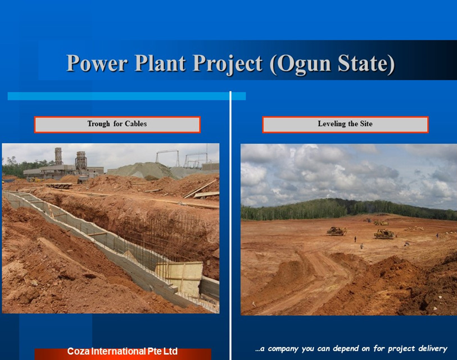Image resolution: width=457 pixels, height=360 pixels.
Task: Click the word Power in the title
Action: pyautogui.click(x=97, y=63)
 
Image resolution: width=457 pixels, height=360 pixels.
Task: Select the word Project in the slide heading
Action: pyautogui.click(x=228, y=64)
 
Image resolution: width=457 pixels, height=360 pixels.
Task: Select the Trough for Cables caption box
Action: pyautogui.click(x=117, y=125)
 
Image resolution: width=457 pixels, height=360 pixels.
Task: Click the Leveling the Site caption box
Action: pyautogui.click(x=345, y=125)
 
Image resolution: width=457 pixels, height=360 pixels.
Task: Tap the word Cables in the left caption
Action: pyautogui.click(x=135, y=124)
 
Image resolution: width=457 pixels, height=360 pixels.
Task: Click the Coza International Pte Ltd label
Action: pyautogui.click(x=123, y=351)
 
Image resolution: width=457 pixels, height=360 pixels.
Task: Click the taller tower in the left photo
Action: pyautogui.click(x=58, y=156)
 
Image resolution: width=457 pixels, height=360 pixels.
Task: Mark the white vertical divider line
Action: pyautogui.click(x=230, y=225)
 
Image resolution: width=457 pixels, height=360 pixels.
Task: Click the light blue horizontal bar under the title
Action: pyautogui.click(x=126, y=96)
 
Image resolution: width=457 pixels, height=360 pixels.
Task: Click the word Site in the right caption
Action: pyautogui.click(x=366, y=124)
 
